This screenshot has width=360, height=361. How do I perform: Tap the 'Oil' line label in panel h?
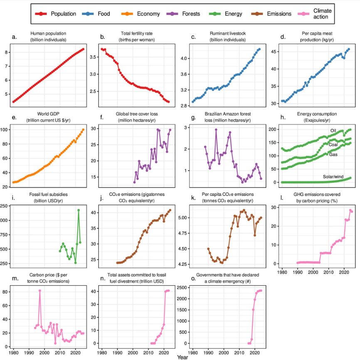pos(333,131)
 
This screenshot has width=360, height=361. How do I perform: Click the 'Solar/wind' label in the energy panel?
pos(335,177)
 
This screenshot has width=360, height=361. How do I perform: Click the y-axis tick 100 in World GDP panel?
pos(7,130)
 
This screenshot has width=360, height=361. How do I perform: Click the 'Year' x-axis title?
pos(182,357)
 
